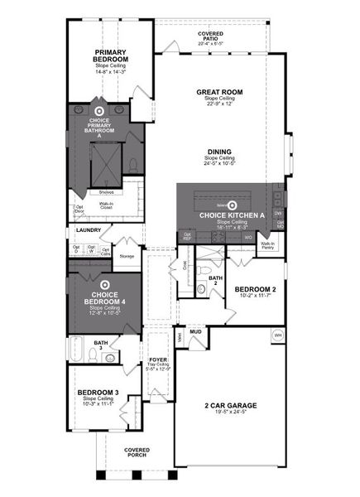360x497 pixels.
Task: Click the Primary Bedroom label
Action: (x=109, y=55)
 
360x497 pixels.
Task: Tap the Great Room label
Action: (x=218, y=93)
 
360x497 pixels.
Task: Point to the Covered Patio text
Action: (x=210, y=34)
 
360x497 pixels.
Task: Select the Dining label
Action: (x=219, y=152)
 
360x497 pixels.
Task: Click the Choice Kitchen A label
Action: (x=232, y=215)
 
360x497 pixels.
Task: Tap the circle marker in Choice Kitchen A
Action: (x=233, y=205)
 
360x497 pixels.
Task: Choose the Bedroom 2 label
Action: (x=254, y=288)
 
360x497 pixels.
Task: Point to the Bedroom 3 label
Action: (x=98, y=392)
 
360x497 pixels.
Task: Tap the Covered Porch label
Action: (x=137, y=451)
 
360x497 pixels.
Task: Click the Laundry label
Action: (x=88, y=229)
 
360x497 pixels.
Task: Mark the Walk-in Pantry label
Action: (x=268, y=245)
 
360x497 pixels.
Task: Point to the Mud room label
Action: (x=196, y=331)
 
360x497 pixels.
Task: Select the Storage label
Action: (x=127, y=256)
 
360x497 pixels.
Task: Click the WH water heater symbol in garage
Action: (x=278, y=335)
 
